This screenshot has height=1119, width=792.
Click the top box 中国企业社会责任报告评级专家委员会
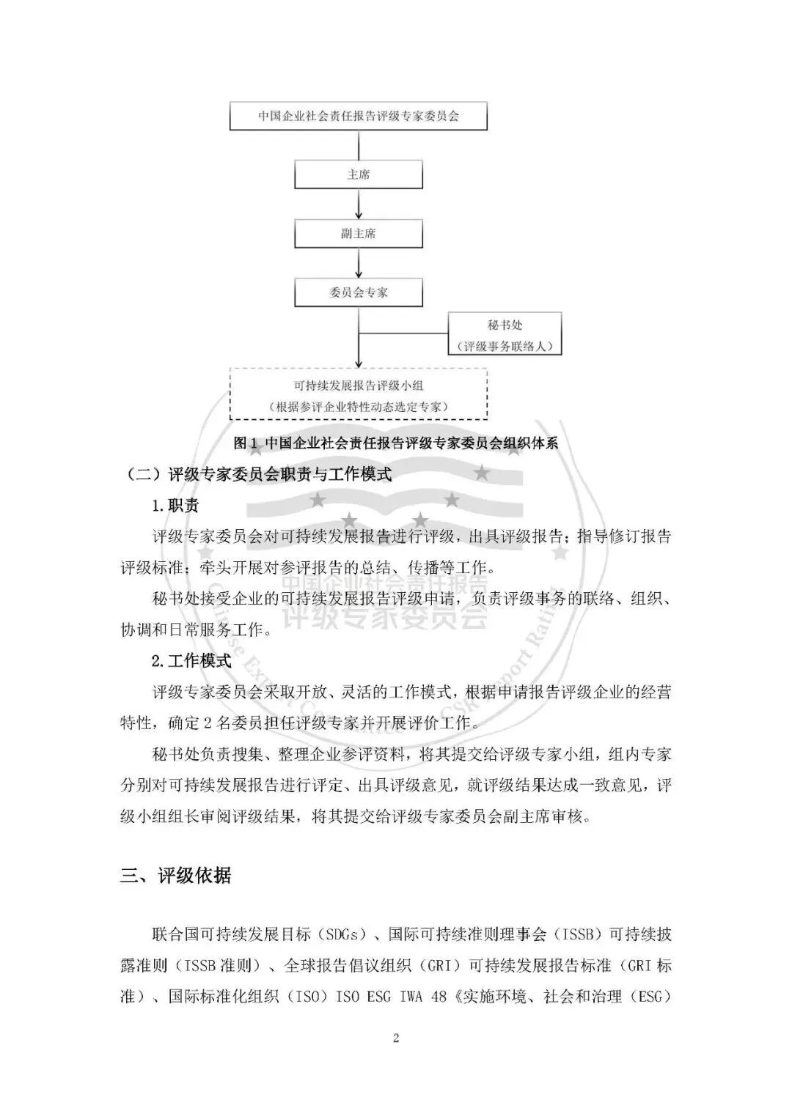point(358,116)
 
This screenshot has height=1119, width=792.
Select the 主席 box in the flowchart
point(358,175)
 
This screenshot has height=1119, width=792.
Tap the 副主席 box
point(358,234)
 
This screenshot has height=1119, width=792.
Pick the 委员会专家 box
point(358,292)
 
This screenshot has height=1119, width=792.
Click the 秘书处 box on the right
point(505,334)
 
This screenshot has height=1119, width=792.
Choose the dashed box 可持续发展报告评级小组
point(358,394)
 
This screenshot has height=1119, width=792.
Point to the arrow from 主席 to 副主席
point(358,205)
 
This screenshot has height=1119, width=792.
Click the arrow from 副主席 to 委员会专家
point(358,264)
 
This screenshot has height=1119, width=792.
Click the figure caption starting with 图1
point(395,443)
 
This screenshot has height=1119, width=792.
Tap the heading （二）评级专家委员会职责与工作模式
point(256,475)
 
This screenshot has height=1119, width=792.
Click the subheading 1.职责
point(175,506)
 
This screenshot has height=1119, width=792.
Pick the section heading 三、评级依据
point(176,875)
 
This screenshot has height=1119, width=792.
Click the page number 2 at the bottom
point(396,1037)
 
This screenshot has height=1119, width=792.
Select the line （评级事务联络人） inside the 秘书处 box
point(505,346)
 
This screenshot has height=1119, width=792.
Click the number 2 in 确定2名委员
point(208,723)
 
